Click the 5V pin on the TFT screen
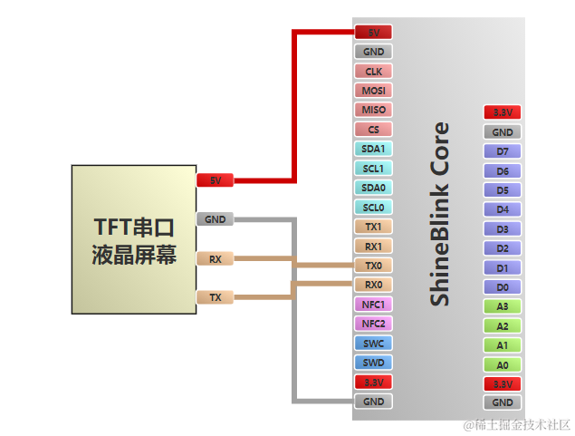pos(215,180)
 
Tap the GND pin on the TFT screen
pos(215,219)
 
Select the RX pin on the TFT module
pos(215,259)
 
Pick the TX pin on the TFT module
pos(215,297)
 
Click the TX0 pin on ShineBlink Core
pos(373,266)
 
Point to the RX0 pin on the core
pos(373,285)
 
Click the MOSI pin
pos(373,91)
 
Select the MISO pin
pos(373,110)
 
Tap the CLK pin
pos(373,71)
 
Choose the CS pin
pos(373,130)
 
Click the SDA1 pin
pos(373,149)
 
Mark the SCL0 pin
pos(373,208)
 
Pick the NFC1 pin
pos(373,305)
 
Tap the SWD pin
pos(373,363)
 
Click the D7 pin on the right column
pos(503,151)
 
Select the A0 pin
pos(503,365)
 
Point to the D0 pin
pos(503,287)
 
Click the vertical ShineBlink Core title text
pos(439,214)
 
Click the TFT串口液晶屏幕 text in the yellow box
pos(134,239)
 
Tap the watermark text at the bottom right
pos(516,424)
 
